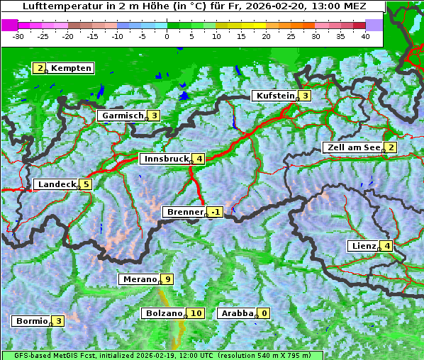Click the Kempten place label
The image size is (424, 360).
[x=71, y=68]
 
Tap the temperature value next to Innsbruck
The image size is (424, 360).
[x=200, y=159]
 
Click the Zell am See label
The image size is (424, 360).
[x=352, y=147]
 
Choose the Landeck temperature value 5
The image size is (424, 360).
[x=86, y=184]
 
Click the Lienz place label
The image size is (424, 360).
[x=362, y=246]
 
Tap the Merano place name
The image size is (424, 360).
[x=138, y=279]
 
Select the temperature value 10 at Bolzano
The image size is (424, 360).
[x=196, y=313]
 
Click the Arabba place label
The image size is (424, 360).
[x=237, y=313]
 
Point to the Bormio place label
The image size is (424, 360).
[x=31, y=321]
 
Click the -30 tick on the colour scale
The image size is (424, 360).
[x=18, y=35]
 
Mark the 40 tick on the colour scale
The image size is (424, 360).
[x=365, y=35]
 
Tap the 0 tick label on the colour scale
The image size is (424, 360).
[x=167, y=35]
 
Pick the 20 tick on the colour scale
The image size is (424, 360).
[x=266, y=35]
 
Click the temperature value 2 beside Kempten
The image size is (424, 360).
[x=40, y=68]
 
